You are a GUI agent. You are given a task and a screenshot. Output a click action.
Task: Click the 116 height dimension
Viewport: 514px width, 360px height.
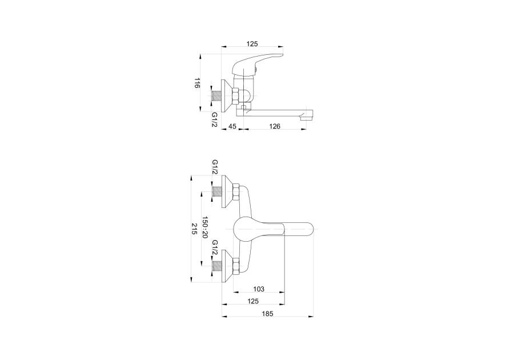coord(196,83)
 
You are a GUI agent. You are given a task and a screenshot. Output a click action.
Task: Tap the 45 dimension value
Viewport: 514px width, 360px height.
coord(232,126)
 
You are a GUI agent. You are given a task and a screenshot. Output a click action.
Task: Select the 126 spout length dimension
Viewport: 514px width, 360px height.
coord(275,126)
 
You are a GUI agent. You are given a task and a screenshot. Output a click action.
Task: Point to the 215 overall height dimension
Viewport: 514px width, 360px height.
coord(194,229)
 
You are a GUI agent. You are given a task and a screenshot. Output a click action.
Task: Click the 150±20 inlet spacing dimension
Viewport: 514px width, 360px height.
coord(205,227)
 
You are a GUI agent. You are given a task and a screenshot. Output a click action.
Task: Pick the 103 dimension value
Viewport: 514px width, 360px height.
coord(259,289)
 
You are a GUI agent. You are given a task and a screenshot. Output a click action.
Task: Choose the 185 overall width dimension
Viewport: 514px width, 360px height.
coord(267,314)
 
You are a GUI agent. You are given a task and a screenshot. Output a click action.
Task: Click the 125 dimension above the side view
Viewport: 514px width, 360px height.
coord(252,43)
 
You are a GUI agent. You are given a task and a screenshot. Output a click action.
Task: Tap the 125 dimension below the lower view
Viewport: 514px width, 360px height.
coord(253,301)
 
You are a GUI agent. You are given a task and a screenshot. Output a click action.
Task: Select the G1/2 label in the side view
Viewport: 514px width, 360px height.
coord(215,120)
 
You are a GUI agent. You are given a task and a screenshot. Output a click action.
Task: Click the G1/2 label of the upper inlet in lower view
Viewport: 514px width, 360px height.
coord(215,167)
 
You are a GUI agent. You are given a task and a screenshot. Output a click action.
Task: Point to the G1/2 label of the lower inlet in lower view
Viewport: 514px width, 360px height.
coord(215,247)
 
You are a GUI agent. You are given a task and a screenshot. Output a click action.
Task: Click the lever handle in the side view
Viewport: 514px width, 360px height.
coord(256,65)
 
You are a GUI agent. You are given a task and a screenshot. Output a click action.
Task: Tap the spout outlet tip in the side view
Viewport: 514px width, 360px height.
coord(307,116)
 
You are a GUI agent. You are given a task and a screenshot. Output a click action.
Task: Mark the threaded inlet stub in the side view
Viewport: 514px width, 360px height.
coord(217,97)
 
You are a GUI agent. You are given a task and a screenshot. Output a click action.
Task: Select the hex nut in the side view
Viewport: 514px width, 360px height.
coord(236,97)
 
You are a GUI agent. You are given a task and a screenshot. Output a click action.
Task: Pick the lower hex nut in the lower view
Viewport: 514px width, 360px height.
coord(236,266)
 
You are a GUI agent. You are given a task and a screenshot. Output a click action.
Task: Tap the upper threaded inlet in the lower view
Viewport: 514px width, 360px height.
coord(217,191)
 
